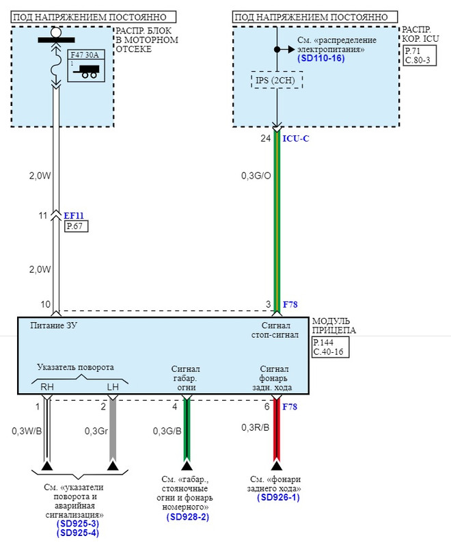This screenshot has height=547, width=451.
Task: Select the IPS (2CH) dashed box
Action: (x=277, y=81)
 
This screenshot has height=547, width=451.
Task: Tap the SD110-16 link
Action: (x=321, y=59)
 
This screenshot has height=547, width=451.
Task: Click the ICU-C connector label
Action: (x=296, y=138)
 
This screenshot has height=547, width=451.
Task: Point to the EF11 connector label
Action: (x=74, y=215)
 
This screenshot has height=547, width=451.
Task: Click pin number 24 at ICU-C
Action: (x=266, y=138)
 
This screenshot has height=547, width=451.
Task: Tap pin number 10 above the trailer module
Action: (x=45, y=304)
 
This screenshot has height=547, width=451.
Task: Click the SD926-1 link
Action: (x=278, y=498)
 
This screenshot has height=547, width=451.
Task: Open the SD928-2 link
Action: (x=187, y=518)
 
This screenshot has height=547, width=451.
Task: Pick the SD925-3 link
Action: (x=77, y=524)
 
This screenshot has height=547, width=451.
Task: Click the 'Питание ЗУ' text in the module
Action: (x=54, y=326)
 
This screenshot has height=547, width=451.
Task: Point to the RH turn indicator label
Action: (x=46, y=387)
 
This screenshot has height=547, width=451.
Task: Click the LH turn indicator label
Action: (x=113, y=387)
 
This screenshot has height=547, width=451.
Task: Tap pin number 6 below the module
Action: (x=266, y=407)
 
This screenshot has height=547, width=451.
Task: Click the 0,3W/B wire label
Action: (x=26, y=431)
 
